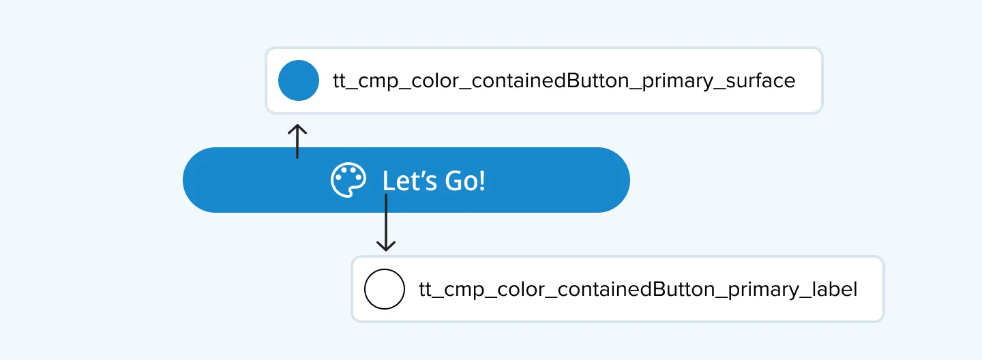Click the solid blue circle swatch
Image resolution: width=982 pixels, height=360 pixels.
[299, 80]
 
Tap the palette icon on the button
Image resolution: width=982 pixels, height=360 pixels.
[348, 180]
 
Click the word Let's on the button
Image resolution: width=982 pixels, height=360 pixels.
[410, 180]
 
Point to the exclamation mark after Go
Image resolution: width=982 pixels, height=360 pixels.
[482, 180]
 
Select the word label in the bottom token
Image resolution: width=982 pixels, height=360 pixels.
[835, 289]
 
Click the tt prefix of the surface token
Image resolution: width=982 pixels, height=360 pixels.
[340, 81]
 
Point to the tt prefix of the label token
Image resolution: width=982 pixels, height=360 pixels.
[426, 290]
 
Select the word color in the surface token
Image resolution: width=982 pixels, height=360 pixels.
[435, 80]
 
